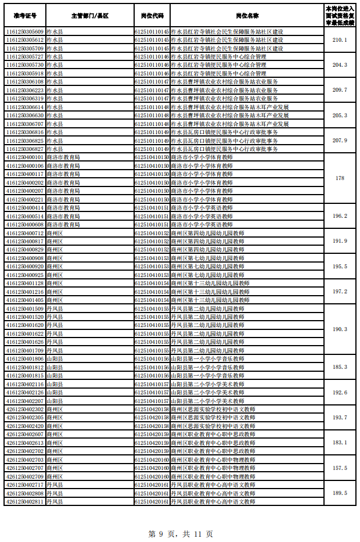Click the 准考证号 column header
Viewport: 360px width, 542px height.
coord(24,15)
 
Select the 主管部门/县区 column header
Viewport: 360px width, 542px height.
coord(89,15)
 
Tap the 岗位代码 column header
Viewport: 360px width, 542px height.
coord(152,15)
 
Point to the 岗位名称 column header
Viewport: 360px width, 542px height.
coord(246,15)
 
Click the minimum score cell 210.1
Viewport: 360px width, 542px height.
coord(340,40)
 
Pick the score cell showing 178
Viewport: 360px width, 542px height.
coord(340,178)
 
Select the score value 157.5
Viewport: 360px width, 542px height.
coord(340,468)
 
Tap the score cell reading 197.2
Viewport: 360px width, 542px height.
coord(340,292)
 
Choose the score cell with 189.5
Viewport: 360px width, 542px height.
coord(340,493)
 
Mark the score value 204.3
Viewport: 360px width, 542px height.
coord(340,65)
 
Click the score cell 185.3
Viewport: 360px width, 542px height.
coord(340,367)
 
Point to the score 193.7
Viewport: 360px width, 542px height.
coord(340,418)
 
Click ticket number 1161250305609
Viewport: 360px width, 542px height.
coord(24,31)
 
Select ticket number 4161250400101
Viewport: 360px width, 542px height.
coord(24,157)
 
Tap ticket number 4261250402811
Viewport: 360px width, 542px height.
coord(24,501)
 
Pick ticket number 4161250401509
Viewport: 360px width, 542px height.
coord(24,308)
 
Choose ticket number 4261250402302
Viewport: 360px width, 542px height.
coord(24,409)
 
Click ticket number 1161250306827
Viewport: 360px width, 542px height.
coord(24,149)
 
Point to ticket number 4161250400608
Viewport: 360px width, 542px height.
coord(24,224)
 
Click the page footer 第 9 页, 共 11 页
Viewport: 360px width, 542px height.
coord(181,533)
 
